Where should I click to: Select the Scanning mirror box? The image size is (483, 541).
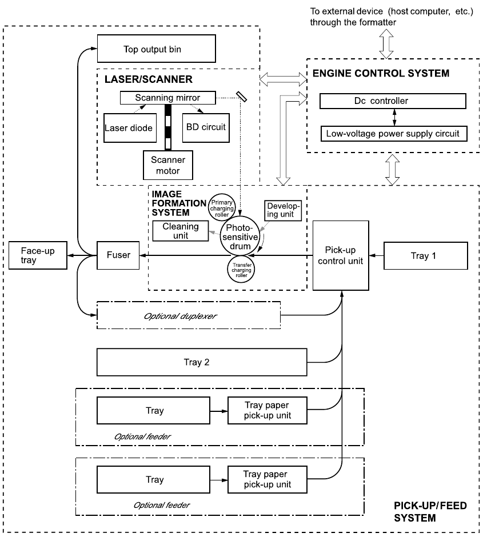pyautogui.click(x=167, y=98)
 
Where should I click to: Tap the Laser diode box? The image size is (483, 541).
pyautogui.click(x=129, y=127)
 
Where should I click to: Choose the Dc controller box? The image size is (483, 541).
pyautogui.click(x=393, y=102)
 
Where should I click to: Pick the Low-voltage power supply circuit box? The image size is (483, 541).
pyautogui.click(x=393, y=134)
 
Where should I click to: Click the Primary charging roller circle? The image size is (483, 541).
pyautogui.click(x=221, y=208)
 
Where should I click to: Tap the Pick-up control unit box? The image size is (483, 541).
pyautogui.click(x=342, y=255)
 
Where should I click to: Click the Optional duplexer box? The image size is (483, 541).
pyautogui.click(x=189, y=315)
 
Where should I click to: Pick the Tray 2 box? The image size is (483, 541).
pyautogui.click(x=202, y=362)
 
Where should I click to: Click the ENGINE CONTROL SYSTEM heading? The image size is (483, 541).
pyautogui.click(x=381, y=74)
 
